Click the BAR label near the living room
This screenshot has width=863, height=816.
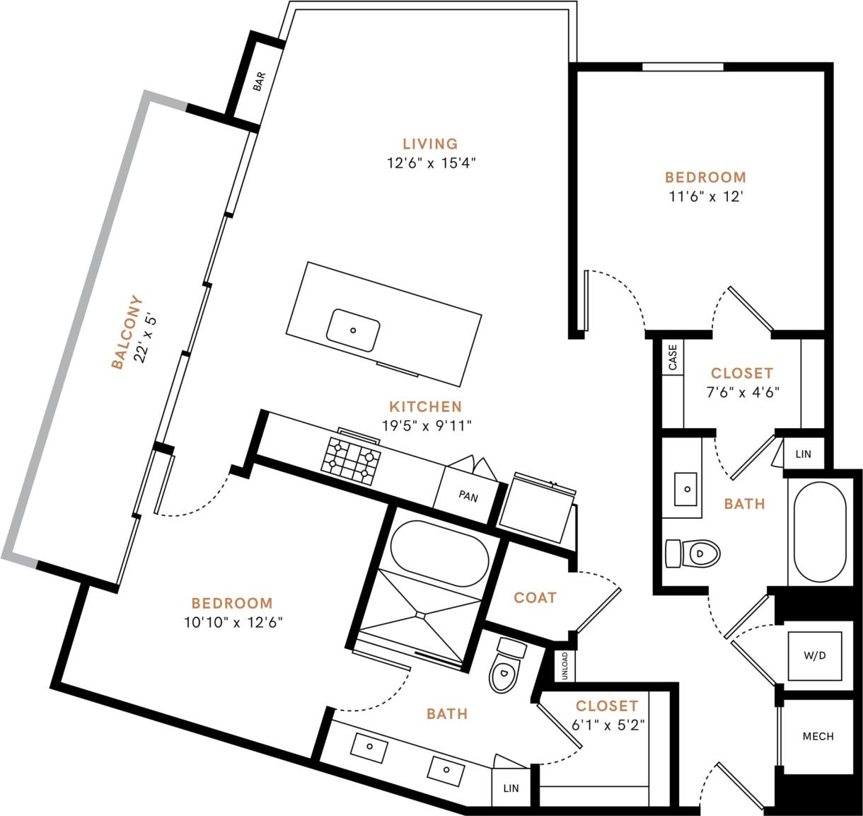[x=259, y=82]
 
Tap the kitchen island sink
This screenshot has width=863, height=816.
[x=353, y=330]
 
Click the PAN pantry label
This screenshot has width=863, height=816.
[x=468, y=496]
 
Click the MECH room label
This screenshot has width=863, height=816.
[x=818, y=736]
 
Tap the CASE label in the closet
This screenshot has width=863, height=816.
[x=672, y=357]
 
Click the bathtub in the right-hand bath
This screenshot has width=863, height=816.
[x=819, y=532]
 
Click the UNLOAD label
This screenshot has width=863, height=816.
[x=564, y=666]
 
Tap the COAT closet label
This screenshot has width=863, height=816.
[x=535, y=598]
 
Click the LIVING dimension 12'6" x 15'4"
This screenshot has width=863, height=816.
[x=431, y=163]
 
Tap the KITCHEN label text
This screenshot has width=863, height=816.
[x=425, y=407]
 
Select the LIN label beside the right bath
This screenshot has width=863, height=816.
[x=803, y=454]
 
